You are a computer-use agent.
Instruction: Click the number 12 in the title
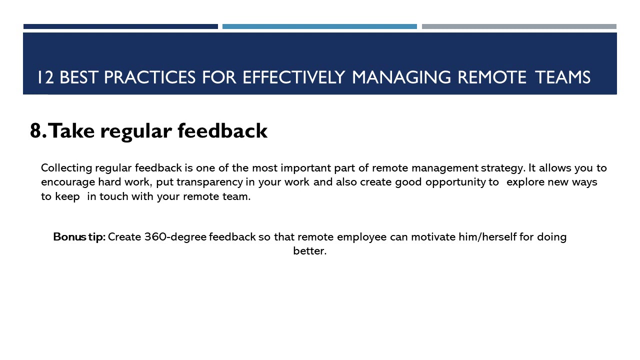pyautogui.click(x=45, y=77)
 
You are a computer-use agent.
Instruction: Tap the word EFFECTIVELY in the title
pyautogui.click(x=294, y=77)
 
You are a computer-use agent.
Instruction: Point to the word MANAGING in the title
pyautogui.click(x=402, y=77)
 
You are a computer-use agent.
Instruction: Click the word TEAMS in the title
pyautogui.click(x=562, y=77)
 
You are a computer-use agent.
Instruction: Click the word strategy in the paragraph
pyautogui.click(x=503, y=167)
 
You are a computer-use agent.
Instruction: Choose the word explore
pyautogui.click(x=525, y=182)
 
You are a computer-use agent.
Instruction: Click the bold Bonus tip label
pyautogui.click(x=79, y=237)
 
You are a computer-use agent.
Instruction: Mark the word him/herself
pyautogui.click(x=487, y=237)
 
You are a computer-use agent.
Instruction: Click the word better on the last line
pyautogui.click(x=309, y=251)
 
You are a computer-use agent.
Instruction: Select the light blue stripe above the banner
pyautogui.click(x=319, y=26)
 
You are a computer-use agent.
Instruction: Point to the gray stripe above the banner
pyautogui.click(x=519, y=26)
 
